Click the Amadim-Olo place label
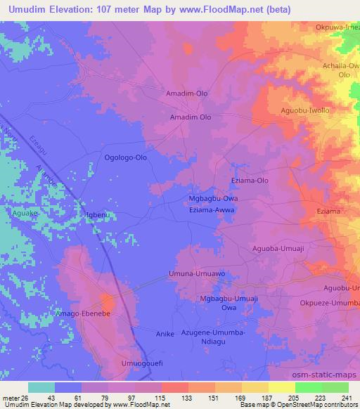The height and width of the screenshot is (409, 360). coord(186,93)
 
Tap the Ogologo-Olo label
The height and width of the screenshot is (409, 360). coord(126,158)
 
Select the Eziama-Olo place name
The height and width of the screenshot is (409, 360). coord(250,181)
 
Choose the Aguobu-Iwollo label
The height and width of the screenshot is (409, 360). coord(305,111)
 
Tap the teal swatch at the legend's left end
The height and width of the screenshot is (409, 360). coord(41,387)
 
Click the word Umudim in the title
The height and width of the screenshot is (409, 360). coord(28,8)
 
